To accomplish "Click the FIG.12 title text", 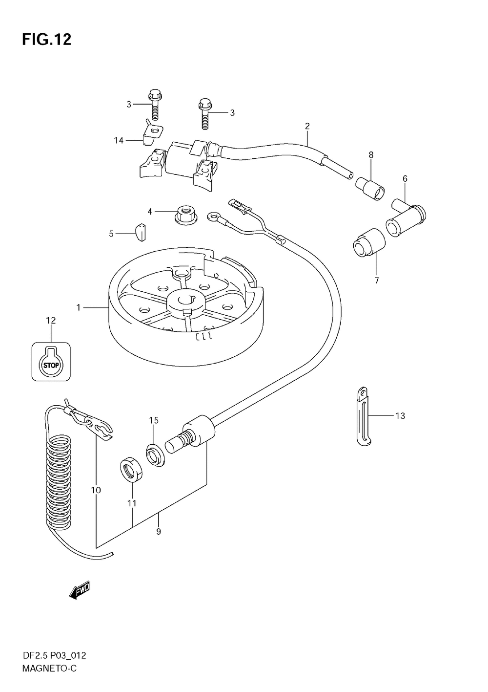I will click(x=46, y=40).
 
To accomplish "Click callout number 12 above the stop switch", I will click(x=51, y=321).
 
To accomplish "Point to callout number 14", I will click(x=119, y=141).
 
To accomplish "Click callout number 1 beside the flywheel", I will click(x=78, y=307).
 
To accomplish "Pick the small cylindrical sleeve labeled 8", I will click(x=369, y=189).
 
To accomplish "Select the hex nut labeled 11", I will click(x=130, y=469).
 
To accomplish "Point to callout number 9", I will click(x=159, y=532).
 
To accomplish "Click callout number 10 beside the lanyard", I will click(x=96, y=490).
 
